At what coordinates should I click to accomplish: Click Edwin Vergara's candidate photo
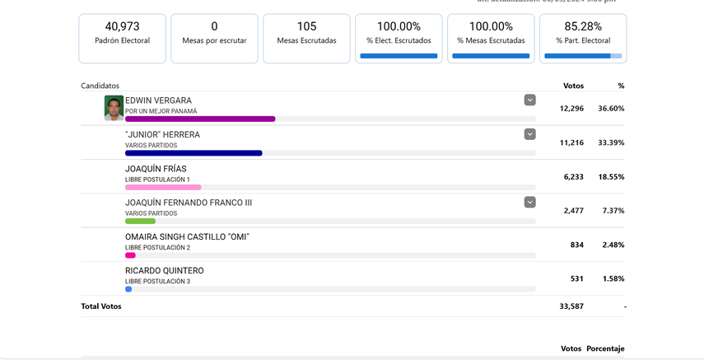114,108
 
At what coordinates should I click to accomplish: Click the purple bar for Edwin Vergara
200,119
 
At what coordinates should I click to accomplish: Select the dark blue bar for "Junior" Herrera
193,153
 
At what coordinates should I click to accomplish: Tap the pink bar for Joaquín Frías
163,187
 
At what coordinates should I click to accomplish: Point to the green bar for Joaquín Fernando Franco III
140,221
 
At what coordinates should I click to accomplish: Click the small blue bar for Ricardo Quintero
128,289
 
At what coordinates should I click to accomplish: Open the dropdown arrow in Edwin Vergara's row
530,101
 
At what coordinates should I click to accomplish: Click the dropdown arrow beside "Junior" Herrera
530,134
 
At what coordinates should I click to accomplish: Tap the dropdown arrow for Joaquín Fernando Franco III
530,202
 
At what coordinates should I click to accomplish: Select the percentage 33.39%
611,143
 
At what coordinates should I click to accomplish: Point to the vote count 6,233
573,176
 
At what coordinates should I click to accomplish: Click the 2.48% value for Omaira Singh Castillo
613,245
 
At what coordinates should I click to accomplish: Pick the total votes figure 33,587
571,306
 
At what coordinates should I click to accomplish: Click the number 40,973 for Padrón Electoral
122,26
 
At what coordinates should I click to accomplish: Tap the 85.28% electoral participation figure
583,26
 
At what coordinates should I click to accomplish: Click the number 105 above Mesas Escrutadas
306,26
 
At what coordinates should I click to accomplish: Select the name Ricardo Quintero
164,271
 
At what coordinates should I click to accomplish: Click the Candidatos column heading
100,86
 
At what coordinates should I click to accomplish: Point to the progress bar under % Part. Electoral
583,56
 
